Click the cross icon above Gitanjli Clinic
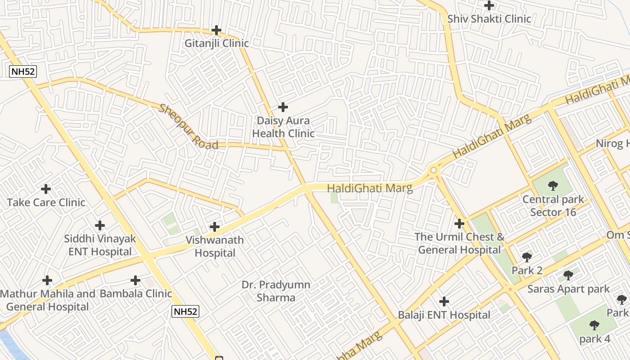coord(216,31)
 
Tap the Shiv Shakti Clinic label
coord(489,19)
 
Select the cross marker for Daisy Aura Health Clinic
coord(283,107)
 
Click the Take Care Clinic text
coord(46,202)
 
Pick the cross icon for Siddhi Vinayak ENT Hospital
coord(100,225)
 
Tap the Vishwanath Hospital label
coord(215,247)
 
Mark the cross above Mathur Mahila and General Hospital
coord(47,280)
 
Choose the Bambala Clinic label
coord(136,294)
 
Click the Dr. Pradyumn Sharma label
coord(276,291)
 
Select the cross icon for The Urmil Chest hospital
coord(459,224)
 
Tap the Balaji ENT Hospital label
coord(444,315)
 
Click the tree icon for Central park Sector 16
coord(553,186)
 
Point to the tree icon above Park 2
coord(527,257)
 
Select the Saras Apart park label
coord(568,289)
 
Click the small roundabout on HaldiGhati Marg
coord(434,170)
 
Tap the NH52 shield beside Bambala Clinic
coord(185,311)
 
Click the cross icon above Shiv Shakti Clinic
coord(489,5)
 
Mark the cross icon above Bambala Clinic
coord(135,280)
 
